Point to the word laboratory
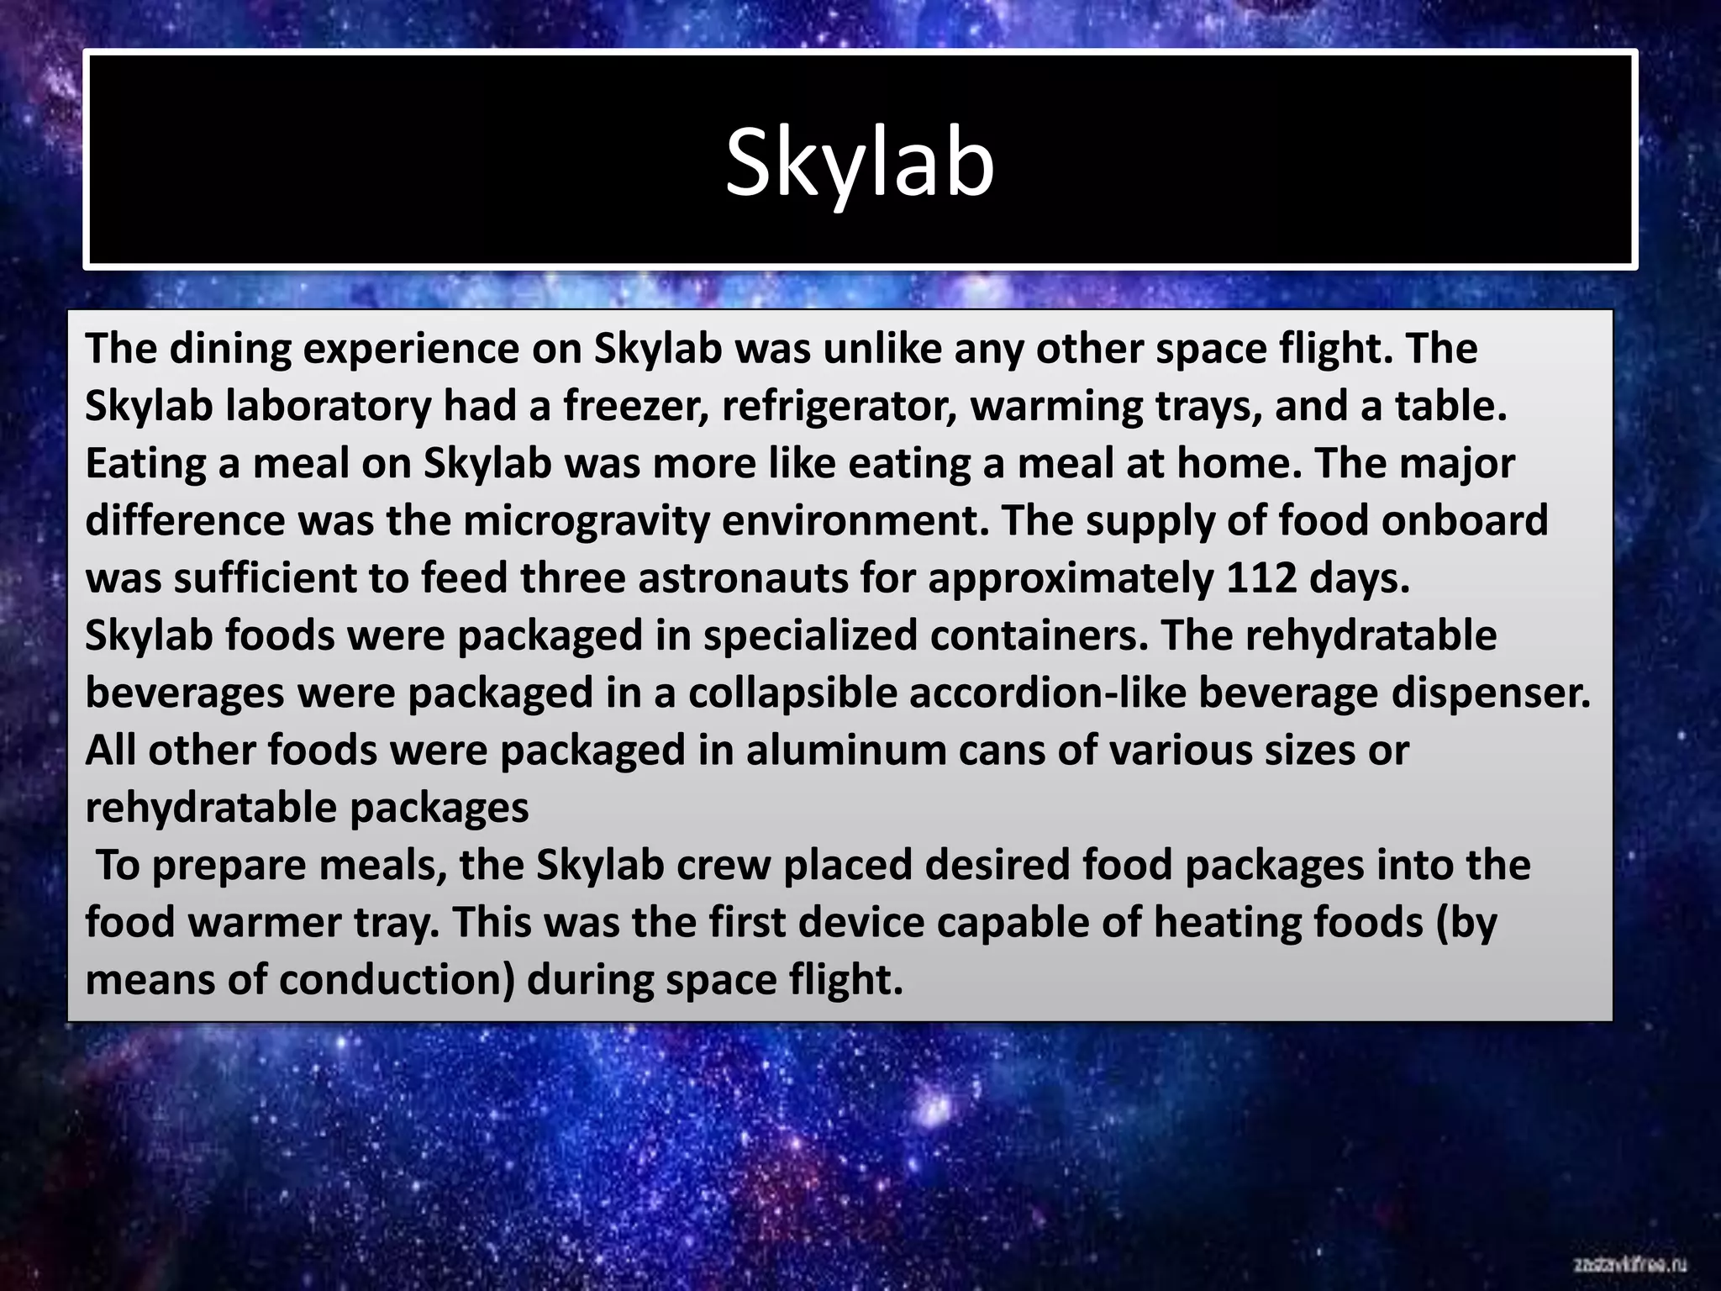click(x=329, y=406)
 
